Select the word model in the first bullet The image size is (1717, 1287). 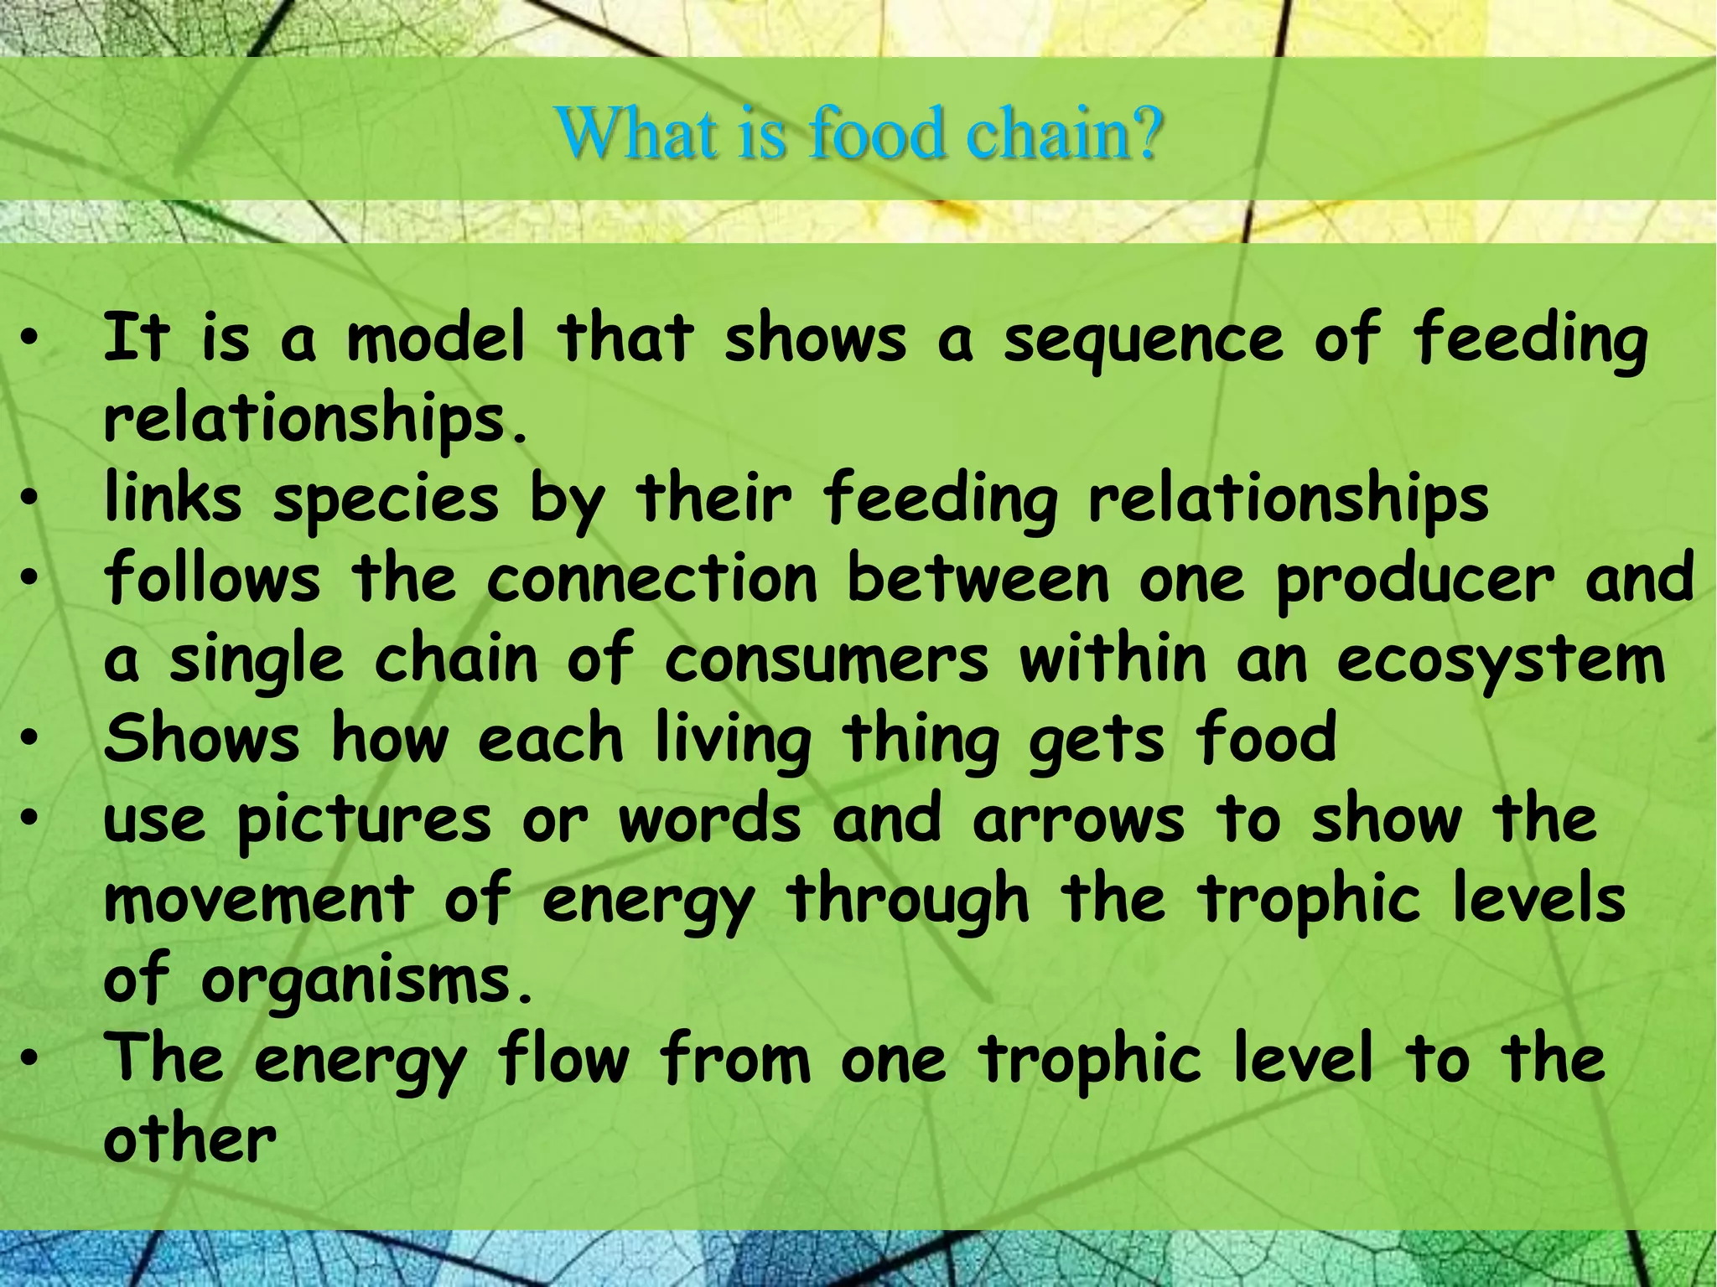tap(436, 339)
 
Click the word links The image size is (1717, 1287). tap(173, 498)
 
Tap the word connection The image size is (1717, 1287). tap(652, 579)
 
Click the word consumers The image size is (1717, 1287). tap(826, 659)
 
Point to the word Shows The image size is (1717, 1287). tap(201, 738)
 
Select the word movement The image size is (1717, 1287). tap(259, 899)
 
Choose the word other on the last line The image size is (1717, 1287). tap(189, 1140)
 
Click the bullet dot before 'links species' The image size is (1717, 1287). tap(30, 499)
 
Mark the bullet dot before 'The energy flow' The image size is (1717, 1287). tap(30, 1060)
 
